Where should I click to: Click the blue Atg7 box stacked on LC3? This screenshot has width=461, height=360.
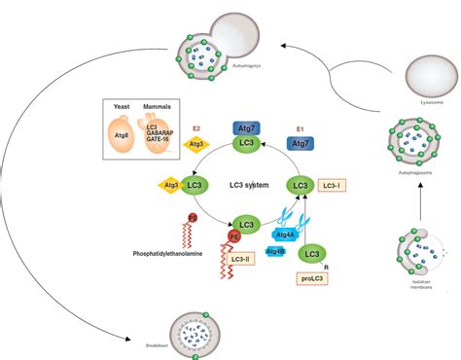pyautogui.click(x=245, y=127)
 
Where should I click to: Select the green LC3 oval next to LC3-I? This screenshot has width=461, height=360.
pyautogui.click(x=301, y=184)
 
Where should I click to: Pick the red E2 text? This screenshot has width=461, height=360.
pyautogui.click(x=196, y=126)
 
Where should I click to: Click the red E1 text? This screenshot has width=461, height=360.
pyautogui.click(x=301, y=126)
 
